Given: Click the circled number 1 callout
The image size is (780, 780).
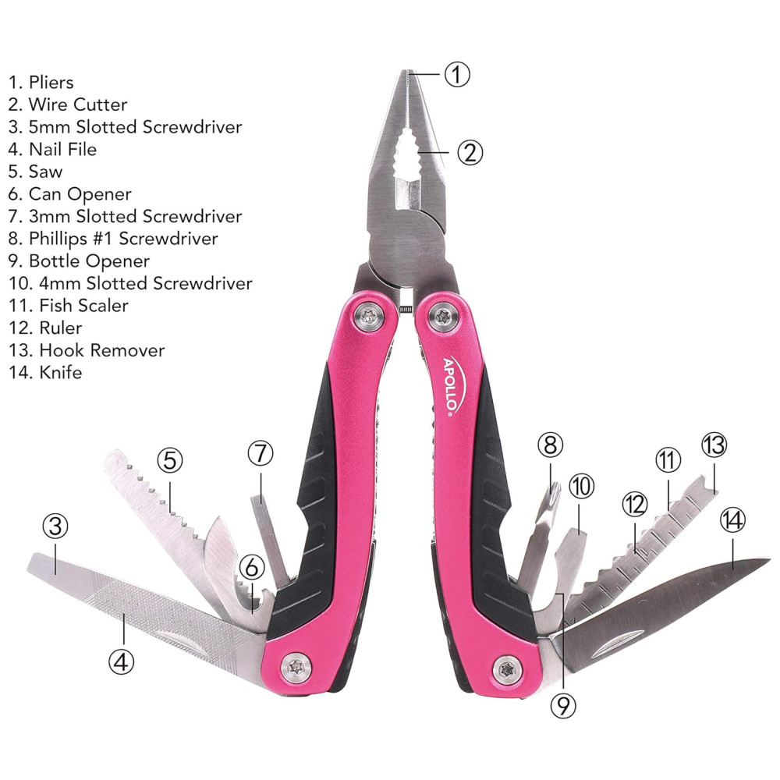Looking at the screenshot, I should coord(458,74).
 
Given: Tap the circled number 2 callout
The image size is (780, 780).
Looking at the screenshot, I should coord(470,151).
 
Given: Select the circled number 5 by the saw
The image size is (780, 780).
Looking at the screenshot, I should coord(170,460).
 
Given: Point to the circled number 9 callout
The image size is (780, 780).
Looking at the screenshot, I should coord(562,705).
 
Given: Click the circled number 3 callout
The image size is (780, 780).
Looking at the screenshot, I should coord(54,527).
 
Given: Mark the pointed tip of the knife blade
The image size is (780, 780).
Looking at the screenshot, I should coord(768,559).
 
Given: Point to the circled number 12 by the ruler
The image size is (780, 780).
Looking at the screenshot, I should coord(634,505).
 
